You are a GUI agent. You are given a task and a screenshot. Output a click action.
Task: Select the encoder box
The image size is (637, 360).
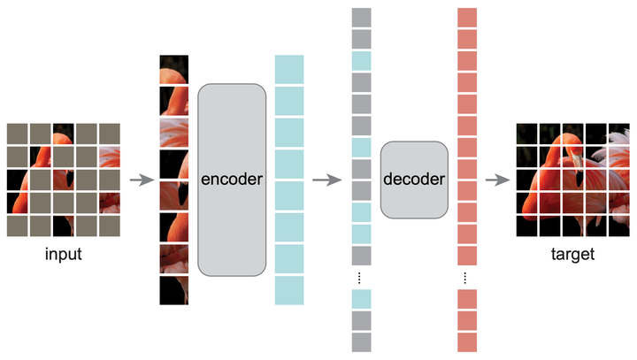coord(232,179)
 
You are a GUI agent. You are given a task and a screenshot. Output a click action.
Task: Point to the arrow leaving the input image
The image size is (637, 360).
coord(140,180)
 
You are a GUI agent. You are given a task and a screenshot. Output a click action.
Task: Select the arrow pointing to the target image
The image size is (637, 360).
coord(498,180)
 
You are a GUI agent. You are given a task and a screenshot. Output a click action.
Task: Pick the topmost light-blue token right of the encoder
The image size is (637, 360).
coord(289,69)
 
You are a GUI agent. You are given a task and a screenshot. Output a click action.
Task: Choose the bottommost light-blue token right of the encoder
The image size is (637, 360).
coord(289,290)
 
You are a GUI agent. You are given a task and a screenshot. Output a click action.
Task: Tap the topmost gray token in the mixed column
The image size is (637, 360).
coord(361,18)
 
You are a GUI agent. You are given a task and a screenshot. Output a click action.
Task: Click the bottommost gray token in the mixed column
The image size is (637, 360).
coord(361,342)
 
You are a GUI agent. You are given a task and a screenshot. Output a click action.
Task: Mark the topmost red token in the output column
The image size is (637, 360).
coord(467,18)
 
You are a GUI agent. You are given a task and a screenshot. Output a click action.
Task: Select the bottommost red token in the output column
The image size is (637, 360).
coord(467,342)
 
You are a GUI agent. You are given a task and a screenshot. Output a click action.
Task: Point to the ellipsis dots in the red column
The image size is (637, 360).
coord(467,278)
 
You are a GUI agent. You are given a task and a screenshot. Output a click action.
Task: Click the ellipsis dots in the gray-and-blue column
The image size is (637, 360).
coord(361,278)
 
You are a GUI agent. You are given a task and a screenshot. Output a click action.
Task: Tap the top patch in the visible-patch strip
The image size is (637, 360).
coord(173,71)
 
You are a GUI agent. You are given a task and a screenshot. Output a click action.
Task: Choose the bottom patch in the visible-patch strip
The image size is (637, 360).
coord(173,290)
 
